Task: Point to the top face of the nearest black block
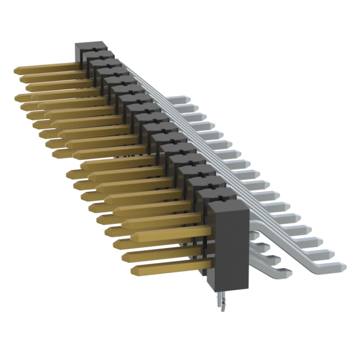(x=228, y=207)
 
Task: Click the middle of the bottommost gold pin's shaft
(x=169, y=265)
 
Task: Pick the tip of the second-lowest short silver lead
(x=278, y=259)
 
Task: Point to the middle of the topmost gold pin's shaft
(x=48, y=70)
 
